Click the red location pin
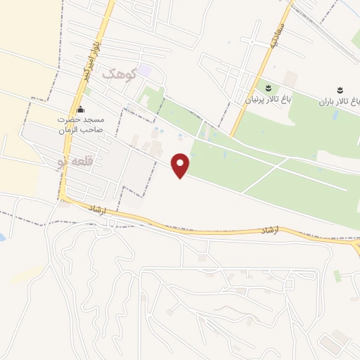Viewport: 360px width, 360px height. click(x=181, y=165)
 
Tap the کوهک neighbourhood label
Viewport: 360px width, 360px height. click(x=117, y=74)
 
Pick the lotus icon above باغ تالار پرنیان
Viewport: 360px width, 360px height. click(x=268, y=88)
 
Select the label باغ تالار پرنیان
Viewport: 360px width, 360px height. click(x=267, y=101)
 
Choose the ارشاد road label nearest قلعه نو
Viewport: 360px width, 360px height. click(x=96, y=210)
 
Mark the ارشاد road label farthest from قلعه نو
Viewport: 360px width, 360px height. click(x=269, y=230)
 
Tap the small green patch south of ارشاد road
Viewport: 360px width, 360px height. click(x=337, y=276)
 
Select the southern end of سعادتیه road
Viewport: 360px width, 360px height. click(x=233, y=134)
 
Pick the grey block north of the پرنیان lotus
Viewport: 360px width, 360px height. click(x=290, y=77)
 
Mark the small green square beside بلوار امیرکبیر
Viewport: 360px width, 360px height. click(x=87, y=91)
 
